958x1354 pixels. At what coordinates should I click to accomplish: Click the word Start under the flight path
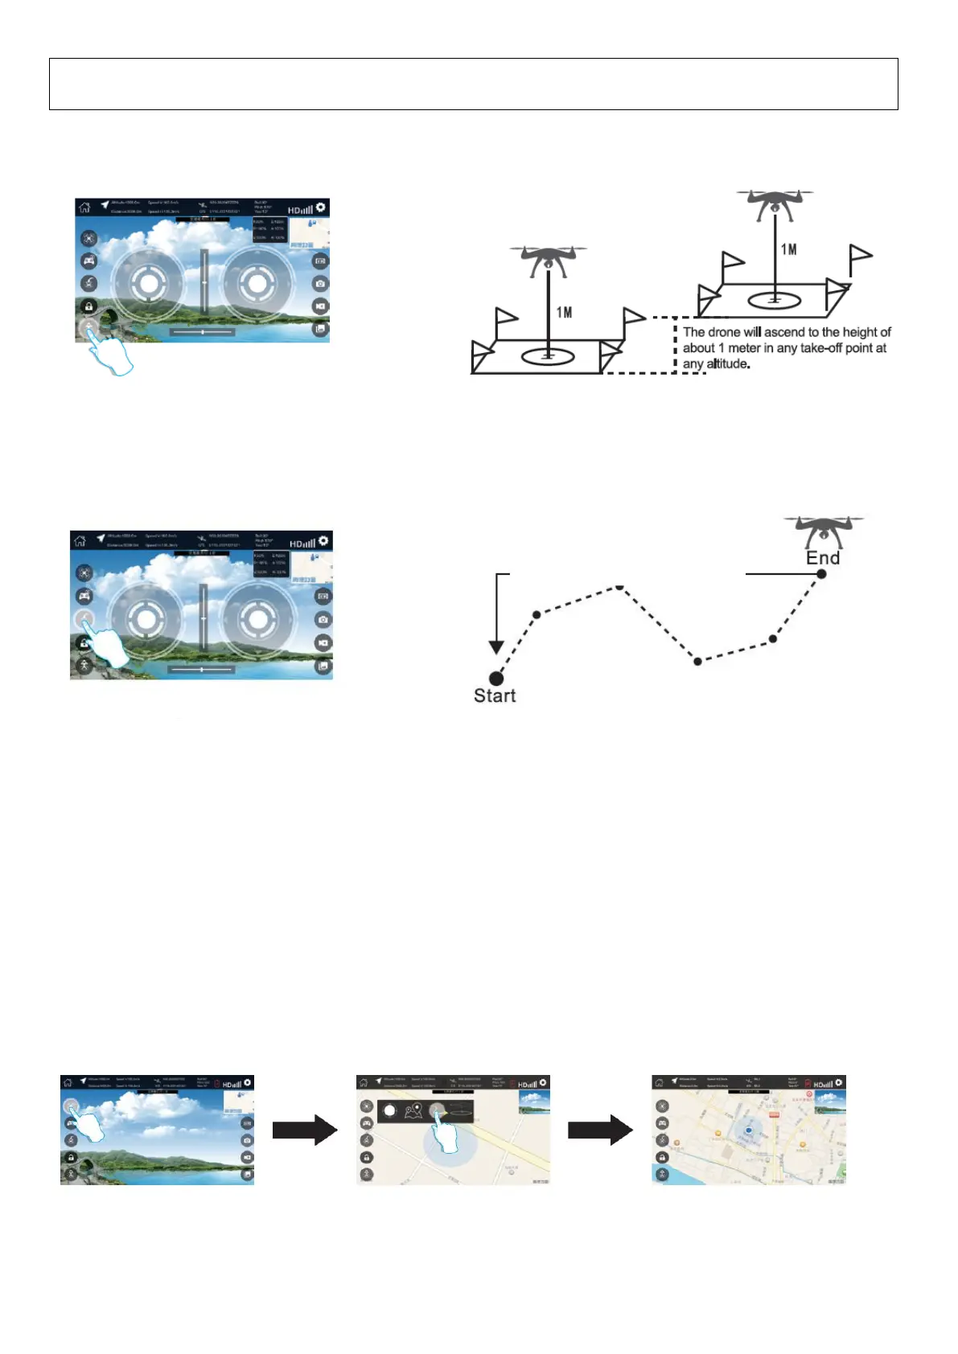pos(494,696)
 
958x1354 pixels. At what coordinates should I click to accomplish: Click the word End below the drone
pos(823,558)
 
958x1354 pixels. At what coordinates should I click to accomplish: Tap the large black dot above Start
pos(496,679)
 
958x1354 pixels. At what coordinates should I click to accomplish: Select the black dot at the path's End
pos(821,573)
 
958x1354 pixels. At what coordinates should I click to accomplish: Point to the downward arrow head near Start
pos(496,647)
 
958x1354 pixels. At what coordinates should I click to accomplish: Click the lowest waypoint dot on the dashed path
pos(697,661)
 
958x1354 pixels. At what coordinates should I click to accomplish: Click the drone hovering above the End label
pos(824,531)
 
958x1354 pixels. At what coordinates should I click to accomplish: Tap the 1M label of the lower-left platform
pos(565,312)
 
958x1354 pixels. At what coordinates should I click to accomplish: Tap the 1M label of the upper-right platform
pos(789,249)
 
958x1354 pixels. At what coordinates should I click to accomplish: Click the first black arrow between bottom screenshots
pos(304,1130)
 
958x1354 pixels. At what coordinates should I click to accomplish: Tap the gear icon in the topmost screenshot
pos(321,207)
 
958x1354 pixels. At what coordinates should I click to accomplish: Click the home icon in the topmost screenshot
pos(84,207)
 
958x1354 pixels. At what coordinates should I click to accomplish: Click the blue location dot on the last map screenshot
pos(749,1130)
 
